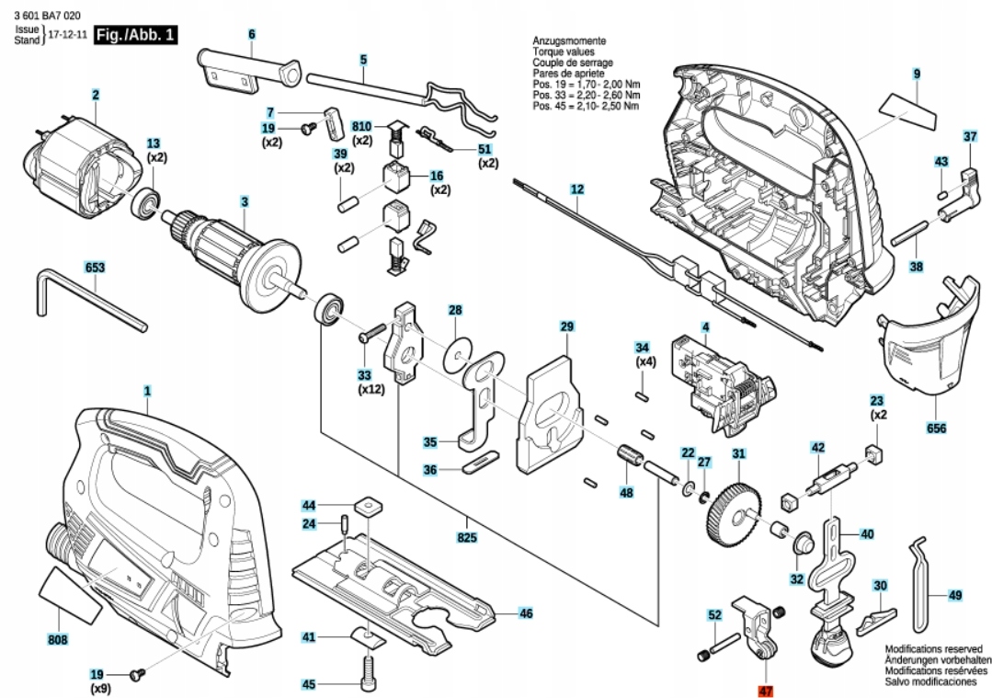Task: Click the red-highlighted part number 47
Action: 765,689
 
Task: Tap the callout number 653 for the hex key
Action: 95,268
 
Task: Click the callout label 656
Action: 937,429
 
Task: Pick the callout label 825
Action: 467,537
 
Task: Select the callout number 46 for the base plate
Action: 525,613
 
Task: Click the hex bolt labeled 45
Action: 368,668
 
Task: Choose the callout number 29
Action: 566,326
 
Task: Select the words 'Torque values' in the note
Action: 563,53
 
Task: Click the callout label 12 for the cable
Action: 576,190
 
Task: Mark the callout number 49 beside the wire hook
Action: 954,596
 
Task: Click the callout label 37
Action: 969,136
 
